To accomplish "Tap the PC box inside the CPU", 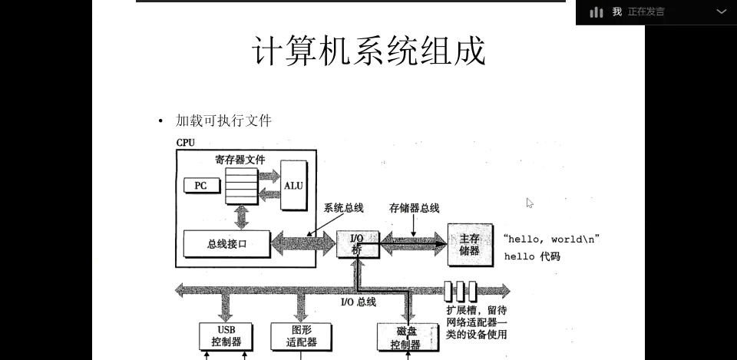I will (200, 185).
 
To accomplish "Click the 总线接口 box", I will (226, 244).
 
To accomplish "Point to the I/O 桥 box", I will (356, 244).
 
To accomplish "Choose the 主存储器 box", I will (468, 244).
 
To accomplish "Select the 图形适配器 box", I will (301, 336).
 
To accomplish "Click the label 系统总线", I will (343, 208).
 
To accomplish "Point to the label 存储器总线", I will (415, 208).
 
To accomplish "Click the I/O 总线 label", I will (358, 302).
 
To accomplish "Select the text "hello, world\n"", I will (550, 239).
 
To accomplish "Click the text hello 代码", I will (532, 256).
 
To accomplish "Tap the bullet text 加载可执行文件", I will (223, 121).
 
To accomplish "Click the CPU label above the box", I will (185, 143).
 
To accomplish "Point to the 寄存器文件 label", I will (240, 160).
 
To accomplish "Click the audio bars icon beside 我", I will (597, 12).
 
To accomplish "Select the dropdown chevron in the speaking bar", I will (721, 12).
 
